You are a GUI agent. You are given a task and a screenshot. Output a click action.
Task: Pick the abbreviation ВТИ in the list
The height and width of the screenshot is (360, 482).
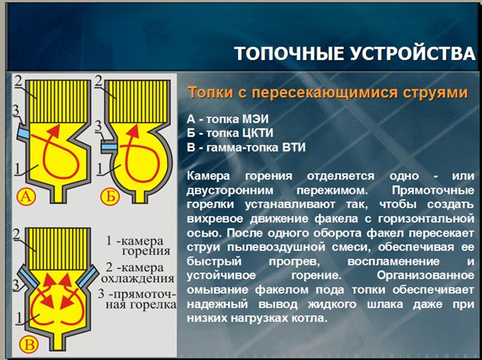[294, 147]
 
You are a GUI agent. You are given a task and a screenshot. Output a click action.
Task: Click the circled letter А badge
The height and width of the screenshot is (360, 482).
[26, 197]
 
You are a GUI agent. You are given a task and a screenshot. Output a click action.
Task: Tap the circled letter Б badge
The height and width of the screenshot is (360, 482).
[110, 196]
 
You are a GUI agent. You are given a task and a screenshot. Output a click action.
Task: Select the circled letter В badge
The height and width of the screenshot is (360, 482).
[29, 345]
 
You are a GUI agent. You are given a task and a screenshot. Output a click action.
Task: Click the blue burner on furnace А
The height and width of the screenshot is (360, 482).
[23, 133]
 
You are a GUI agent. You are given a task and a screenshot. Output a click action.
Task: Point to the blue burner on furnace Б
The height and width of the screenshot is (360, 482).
[109, 147]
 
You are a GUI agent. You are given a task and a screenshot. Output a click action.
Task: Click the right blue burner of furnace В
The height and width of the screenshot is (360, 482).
[87, 276]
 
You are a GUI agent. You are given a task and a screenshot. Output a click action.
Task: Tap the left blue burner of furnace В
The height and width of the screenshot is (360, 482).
[28, 276]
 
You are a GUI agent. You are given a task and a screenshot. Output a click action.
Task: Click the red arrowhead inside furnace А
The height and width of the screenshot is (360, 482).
[54, 130]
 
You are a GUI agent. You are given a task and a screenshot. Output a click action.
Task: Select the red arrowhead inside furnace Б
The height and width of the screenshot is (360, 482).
[133, 130]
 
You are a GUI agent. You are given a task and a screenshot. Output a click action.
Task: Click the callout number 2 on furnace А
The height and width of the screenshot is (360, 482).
[18, 81]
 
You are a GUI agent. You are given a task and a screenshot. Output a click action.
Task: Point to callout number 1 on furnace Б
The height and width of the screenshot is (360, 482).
[99, 169]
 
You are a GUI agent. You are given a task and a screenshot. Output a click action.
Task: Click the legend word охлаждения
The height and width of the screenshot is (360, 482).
[137, 278]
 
